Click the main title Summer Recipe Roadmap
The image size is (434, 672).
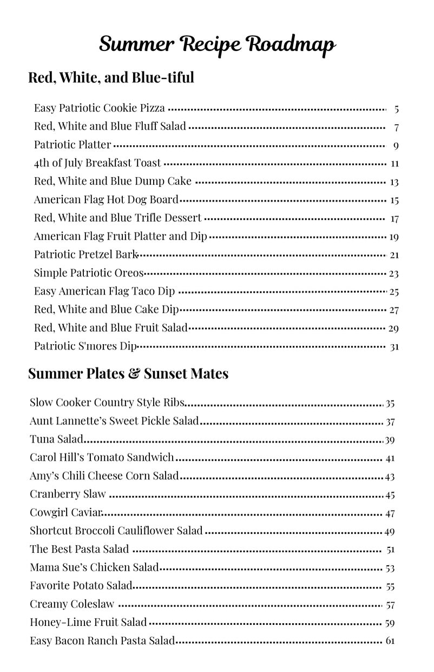click(x=217, y=44)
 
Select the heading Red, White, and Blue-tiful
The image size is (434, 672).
click(x=111, y=77)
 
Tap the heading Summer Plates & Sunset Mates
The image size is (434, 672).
click(x=128, y=373)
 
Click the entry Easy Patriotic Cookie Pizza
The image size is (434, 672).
click(x=99, y=108)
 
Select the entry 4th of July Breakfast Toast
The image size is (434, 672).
click(x=97, y=163)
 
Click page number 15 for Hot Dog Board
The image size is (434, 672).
click(x=394, y=201)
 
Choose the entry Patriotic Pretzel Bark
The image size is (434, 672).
click(x=86, y=255)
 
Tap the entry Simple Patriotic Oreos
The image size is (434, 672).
click(x=89, y=273)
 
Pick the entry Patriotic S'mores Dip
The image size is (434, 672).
click(x=86, y=346)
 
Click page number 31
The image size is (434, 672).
click(x=394, y=347)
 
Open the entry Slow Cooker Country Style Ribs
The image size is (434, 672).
click(x=108, y=403)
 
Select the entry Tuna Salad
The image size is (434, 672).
click(x=56, y=440)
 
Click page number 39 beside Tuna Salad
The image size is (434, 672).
click(x=390, y=440)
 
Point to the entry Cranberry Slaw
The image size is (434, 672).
click(x=68, y=494)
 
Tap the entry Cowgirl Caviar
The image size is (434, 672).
click(x=66, y=513)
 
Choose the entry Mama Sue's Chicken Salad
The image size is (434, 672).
click(x=94, y=567)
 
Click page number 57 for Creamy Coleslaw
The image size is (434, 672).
click(x=390, y=605)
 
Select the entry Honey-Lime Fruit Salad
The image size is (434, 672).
click(x=88, y=623)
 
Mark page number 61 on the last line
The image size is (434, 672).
click(x=390, y=642)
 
